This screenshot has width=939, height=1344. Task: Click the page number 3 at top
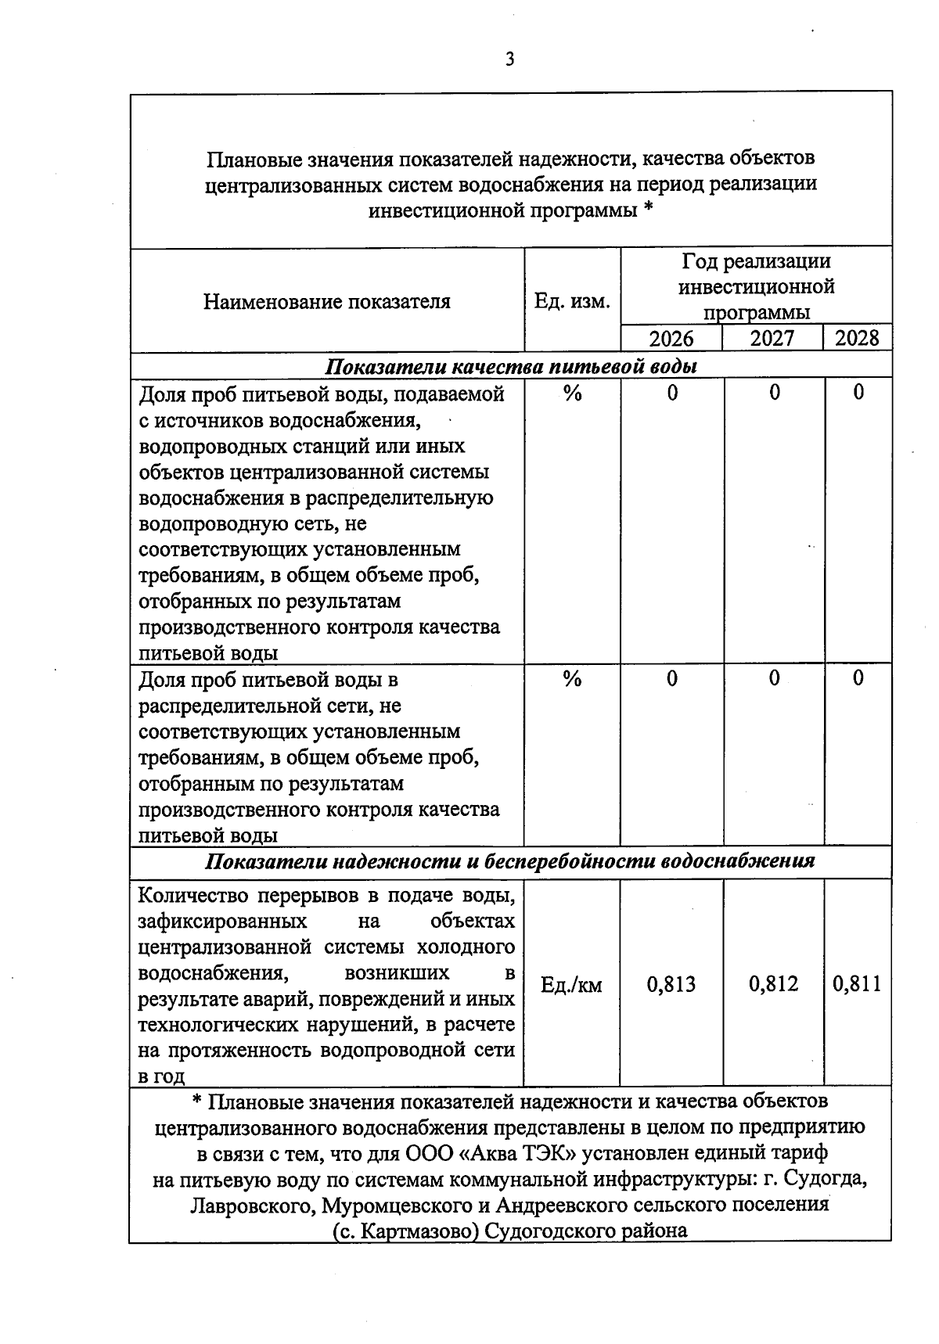509,59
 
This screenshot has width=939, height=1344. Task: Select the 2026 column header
671,339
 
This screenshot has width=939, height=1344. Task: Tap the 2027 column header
772,339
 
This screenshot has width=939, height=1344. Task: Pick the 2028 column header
857,339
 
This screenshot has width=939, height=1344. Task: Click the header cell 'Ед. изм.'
571,301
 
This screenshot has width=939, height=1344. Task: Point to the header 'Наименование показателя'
327,302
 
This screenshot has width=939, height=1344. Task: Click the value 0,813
671,984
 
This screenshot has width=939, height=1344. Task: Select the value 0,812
773,984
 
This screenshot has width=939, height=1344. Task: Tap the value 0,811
857,984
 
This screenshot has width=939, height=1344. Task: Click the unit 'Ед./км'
571,985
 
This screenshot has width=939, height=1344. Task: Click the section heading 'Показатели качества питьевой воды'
510,366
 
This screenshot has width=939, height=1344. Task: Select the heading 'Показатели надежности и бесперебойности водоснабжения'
510,861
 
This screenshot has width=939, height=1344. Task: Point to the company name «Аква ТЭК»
520,1154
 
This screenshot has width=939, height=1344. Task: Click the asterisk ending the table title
648,210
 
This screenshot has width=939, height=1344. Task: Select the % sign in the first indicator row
572,393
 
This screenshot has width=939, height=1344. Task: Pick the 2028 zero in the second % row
858,678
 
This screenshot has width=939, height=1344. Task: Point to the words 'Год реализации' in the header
756,261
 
